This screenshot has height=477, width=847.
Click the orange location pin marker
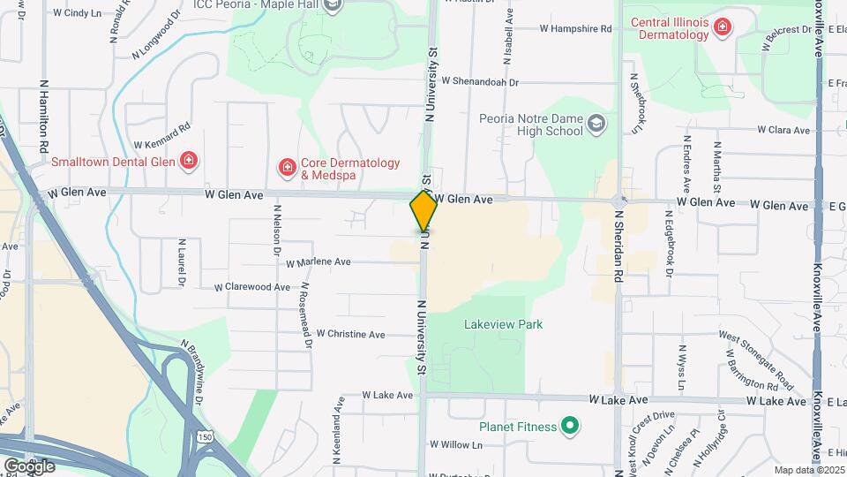coord(423,210)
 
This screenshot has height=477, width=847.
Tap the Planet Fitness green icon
coord(570,428)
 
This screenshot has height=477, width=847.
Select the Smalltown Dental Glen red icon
coord(188,161)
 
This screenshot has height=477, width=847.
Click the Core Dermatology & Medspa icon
coord(287,167)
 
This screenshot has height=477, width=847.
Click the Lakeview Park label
coord(503,324)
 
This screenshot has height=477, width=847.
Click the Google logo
coord(29,466)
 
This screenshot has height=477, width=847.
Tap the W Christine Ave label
coord(350,334)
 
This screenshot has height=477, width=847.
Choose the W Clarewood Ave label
coord(251,287)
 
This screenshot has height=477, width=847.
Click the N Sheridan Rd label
coord(619,251)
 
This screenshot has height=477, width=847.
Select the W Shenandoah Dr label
coord(480,81)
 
